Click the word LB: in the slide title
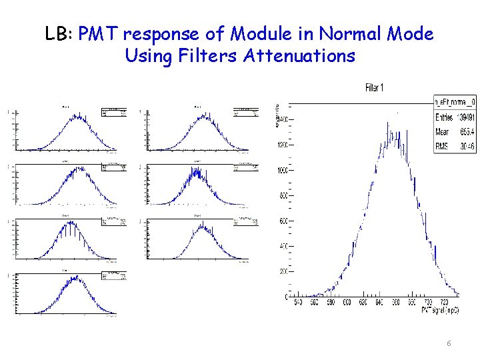[x=59, y=34]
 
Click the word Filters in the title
[x=209, y=55]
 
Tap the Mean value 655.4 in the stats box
[x=463, y=132]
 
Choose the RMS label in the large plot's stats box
[x=441, y=146]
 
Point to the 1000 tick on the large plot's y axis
[x=282, y=171]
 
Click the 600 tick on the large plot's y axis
[x=283, y=221]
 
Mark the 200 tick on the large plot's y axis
[x=283, y=272]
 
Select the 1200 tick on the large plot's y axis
[x=282, y=145]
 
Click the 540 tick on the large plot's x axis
[x=298, y=302]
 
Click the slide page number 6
[x=449, y=343]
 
